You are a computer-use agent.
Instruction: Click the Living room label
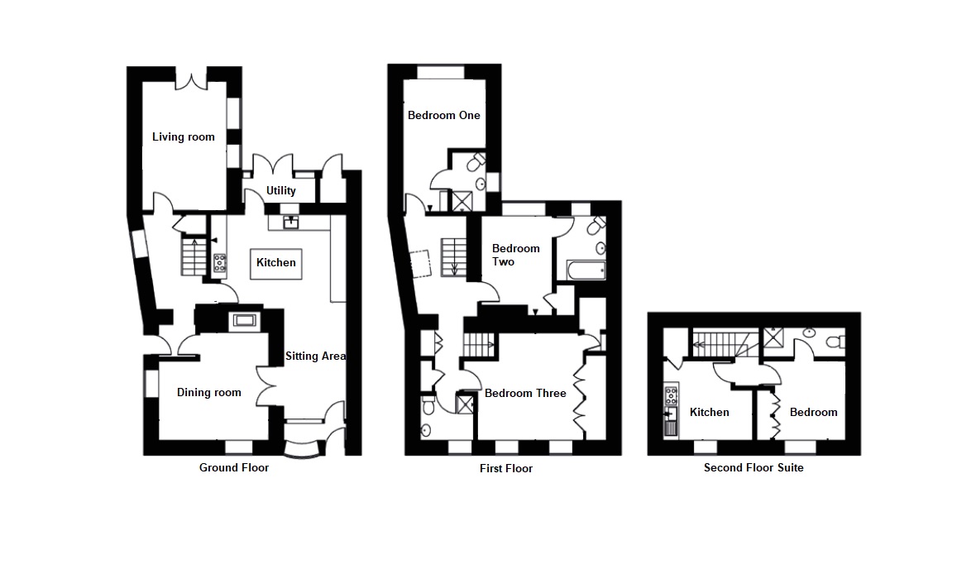tap(183, 137)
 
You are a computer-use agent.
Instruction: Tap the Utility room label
tap(280, 191)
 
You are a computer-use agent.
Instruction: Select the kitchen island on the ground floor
tap(276, 263)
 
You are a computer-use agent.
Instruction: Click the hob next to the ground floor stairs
tap(221, 263)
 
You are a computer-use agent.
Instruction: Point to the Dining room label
tap(209, 392)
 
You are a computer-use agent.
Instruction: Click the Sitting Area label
tap(315, 356)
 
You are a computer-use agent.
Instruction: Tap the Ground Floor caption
tap(234, 467)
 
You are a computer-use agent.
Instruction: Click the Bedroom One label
tap(444, 116)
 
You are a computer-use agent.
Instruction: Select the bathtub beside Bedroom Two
tap(586, 270)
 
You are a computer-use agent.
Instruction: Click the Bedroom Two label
tap(515, 255)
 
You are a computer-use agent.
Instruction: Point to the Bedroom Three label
tap(525, 393)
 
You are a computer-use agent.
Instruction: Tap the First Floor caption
tap(506, 468)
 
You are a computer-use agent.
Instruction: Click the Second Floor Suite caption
tap(753, 467)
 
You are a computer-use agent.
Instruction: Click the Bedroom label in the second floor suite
tap(813, 412)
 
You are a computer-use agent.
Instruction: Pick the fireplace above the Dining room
tap(246, 320)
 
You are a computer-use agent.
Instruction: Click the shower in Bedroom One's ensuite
tap(462, 199)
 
